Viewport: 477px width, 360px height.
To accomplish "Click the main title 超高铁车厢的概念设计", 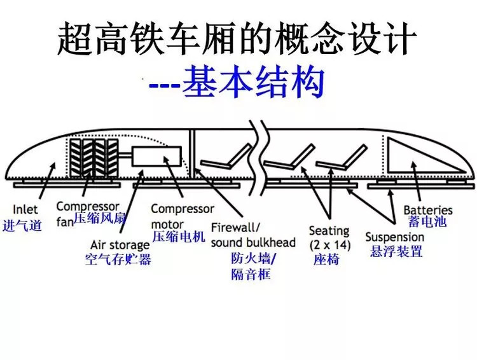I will [x=238, y=40].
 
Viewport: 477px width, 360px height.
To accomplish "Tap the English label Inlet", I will [x=25, y=209].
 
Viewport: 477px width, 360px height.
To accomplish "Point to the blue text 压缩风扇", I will [x=100, y=218].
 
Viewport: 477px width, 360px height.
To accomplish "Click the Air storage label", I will [x=120, y=245].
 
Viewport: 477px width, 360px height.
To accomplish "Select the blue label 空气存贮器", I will [x=118, y=260].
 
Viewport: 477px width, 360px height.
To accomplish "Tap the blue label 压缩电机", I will [x=179, y=237].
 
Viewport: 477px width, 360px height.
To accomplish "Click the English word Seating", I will [x=329, y=230].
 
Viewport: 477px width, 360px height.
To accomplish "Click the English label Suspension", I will [x=394, y=237].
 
